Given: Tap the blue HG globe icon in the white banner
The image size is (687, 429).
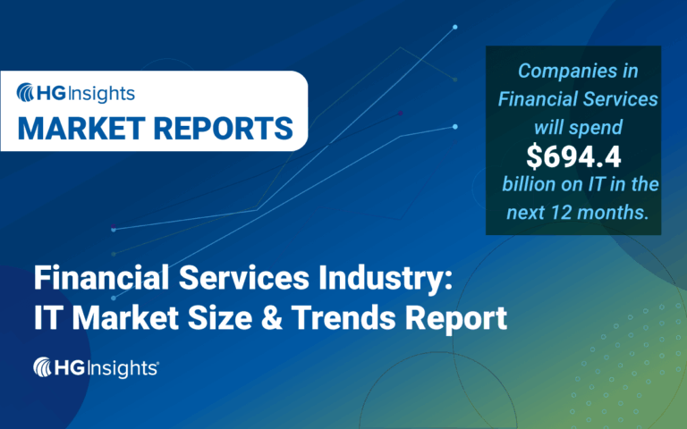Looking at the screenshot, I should coord(28,92).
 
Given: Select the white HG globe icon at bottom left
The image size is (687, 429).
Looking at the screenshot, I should coord(45,366).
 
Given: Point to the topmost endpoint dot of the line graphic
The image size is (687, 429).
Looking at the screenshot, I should coord(455,27).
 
